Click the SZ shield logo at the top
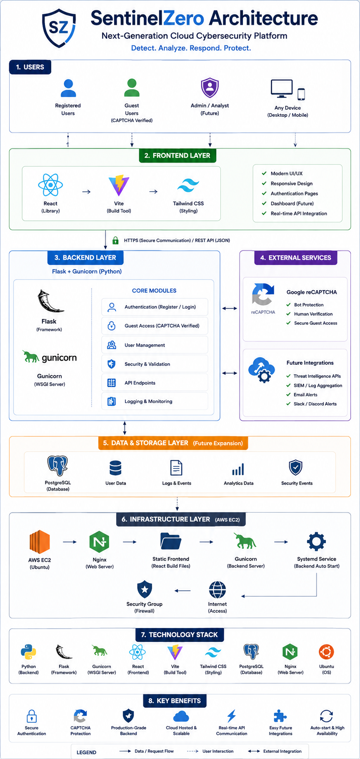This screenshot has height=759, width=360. tap(59, 28)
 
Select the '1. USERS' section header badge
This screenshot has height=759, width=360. tap(30, 67)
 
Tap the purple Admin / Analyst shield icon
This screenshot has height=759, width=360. tap(210, 88)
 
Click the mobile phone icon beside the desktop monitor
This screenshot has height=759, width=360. tap(301, 94)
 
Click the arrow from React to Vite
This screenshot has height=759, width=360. tap(86, 192)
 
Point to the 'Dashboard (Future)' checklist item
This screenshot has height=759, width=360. tap(292, 203)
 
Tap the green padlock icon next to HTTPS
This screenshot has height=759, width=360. tap(115, 240)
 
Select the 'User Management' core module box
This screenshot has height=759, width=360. tap(155, 345)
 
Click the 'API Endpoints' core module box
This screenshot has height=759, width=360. tap(155, 383)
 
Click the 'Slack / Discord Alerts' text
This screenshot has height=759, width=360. tap(315, 404)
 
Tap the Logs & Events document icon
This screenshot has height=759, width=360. tap(176, 468)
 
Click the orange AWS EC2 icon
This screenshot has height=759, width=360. tap(40, 542)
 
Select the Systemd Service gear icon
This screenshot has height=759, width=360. tap(316, 541)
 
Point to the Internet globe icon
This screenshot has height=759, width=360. tap(217, 590)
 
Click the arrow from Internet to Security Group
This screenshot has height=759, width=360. tap(182, 591)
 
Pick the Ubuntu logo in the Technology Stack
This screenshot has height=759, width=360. tap(326, 652)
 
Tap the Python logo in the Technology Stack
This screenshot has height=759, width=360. tap(28, 652)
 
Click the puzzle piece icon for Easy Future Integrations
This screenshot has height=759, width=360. tap(280, 716)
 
